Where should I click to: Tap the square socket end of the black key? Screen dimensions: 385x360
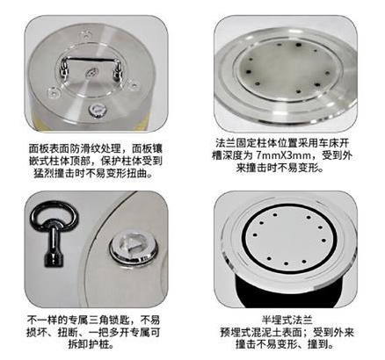(x=52, y=260)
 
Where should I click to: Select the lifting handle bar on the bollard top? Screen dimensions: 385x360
(x=91, y=60)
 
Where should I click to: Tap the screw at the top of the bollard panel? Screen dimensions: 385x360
(x=86, y=36)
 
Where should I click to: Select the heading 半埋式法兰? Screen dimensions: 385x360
(x=287, y=320)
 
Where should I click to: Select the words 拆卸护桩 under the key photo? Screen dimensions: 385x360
(x=85, y=344)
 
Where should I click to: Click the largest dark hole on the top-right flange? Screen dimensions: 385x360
(x=298, y=46)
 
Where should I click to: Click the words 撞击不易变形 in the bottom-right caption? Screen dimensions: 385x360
(x=266, y=344)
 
